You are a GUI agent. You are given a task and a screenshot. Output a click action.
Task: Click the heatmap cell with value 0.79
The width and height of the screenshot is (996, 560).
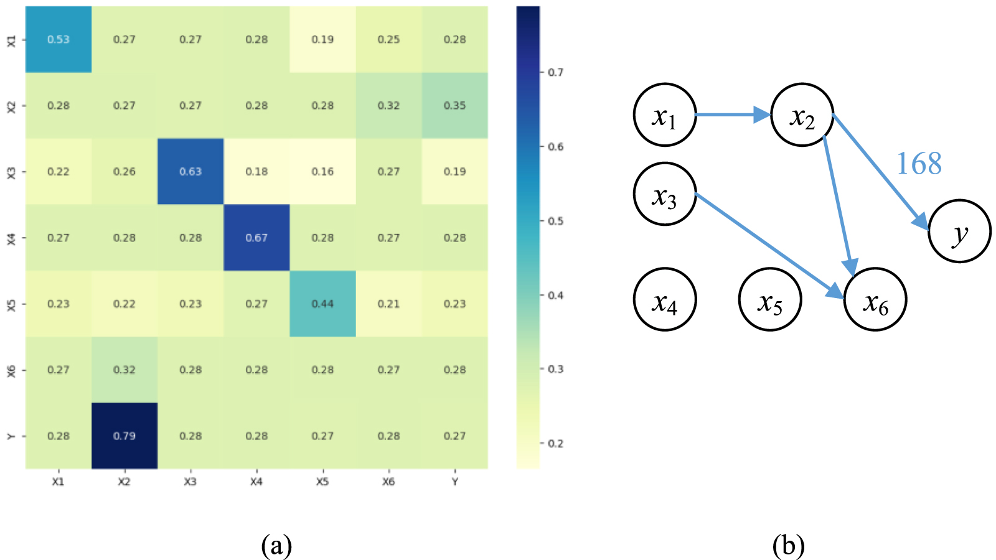pyautogui.click(x=125, y=436)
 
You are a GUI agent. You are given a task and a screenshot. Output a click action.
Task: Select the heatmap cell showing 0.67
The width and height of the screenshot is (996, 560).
pyautogui.click(x=256, y=238)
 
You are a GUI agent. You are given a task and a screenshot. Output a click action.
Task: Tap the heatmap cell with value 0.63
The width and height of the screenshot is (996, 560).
pyautogui.click(x=190, y=172)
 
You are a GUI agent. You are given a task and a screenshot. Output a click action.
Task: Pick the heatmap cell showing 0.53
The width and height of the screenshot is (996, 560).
pyautogui.click(x=59, y=39)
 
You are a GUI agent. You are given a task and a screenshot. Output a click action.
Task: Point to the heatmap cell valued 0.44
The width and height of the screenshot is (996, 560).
pyautogui.click(x=322, y=304)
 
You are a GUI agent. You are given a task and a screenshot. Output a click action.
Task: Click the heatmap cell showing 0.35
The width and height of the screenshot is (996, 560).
pyautogui.click(x=454, y=105)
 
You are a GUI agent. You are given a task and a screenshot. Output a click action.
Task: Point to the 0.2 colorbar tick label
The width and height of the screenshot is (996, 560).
pyautogui.click(x=556, y=443)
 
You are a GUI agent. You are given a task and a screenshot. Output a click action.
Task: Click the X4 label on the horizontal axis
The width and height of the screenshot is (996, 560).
pyautogui.click(x=256, y=482)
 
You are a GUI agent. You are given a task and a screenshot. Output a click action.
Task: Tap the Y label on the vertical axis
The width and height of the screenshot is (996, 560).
pyautogui.click(x=11, y=436)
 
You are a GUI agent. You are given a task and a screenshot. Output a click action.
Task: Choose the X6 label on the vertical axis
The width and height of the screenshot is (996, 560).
pyautogui.click(x=11, y=370)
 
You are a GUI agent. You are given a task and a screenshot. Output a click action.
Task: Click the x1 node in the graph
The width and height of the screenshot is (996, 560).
pyautogui.click(x=664, y=115)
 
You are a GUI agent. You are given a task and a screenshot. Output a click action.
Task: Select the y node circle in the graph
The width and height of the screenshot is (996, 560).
pyautogui.click(x=959, y=231)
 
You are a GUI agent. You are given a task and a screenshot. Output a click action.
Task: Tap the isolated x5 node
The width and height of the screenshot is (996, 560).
pyautogui.click(x=770, y=300)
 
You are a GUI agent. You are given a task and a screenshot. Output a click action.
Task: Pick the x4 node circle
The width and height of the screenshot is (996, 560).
pyautogui.click(x=664, y=300)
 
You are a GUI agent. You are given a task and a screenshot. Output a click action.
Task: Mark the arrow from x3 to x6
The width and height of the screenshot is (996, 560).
pyautogui.click(x=769, y=246)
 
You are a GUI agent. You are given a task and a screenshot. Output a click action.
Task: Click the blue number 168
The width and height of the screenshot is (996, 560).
pyautogui.click(x=919, y=164)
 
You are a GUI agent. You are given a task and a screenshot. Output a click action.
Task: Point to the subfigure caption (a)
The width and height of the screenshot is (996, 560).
pyautogui.click(x=276, y=546)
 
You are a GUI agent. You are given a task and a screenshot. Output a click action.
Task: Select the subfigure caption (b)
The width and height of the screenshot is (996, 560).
pyautogui.click(x=788, y=546)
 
